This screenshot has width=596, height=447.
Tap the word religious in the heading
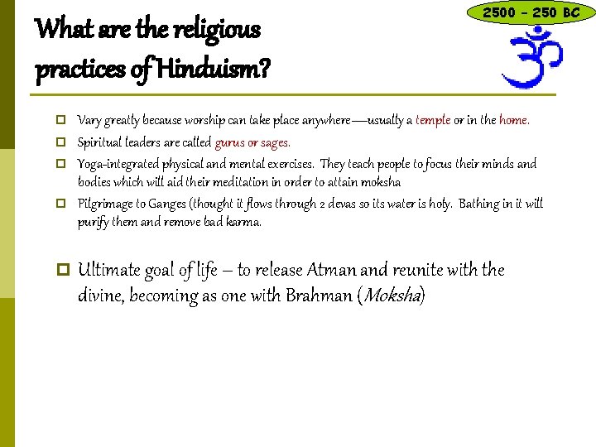214,31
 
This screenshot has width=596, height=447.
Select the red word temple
433,120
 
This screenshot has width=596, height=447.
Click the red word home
513,120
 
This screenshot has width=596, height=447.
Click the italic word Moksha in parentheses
392,296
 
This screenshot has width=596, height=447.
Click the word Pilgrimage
104,204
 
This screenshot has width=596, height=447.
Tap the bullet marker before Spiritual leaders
62,142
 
